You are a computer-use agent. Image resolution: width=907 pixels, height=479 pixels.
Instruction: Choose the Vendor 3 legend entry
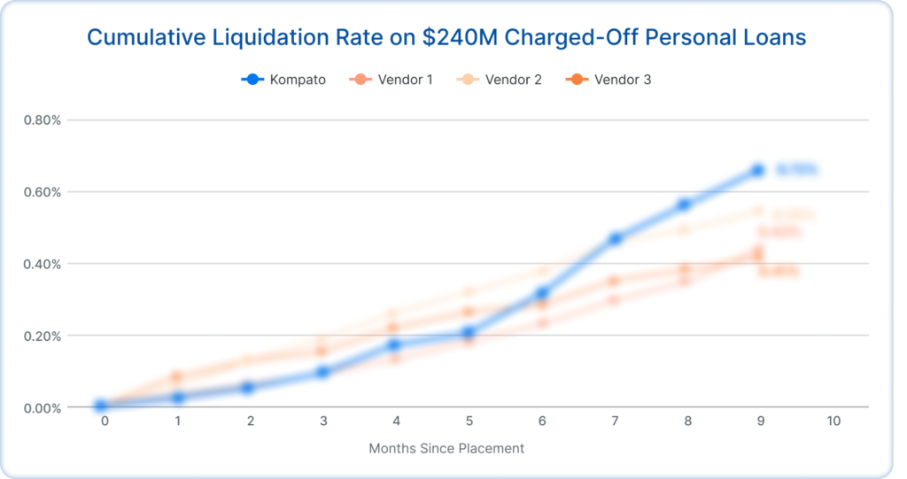pos(609,80)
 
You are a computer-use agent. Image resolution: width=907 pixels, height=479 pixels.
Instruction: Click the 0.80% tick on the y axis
pos(42,120)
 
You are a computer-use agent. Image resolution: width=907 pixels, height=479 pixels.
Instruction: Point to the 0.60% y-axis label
pos(42,192)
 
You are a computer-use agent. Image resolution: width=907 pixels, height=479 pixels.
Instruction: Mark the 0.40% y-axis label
pos(42,264)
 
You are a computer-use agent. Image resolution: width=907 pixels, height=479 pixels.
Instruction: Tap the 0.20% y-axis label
pos(42,336)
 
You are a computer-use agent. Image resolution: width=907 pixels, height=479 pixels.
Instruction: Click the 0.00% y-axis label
pos(42,408)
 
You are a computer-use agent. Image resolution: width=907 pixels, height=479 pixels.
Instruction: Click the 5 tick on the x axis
pos(468,421)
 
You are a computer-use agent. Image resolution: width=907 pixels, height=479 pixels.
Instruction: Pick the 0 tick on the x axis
pos(105,421)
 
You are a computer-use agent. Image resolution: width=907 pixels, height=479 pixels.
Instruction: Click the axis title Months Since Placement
pos(446,448)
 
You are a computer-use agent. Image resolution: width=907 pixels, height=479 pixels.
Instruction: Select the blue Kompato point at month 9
pos(757,170)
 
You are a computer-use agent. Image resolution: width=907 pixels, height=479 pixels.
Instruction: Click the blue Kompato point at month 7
pos(615,238)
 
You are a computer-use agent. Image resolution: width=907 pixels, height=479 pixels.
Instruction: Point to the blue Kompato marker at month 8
pos(684,205)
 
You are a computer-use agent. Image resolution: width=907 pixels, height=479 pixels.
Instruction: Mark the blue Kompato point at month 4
pos(395,344)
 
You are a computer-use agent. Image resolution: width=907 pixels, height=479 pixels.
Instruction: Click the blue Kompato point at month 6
pos(542,293)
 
